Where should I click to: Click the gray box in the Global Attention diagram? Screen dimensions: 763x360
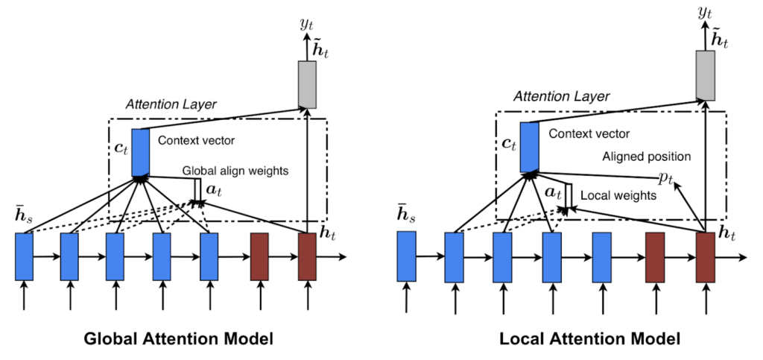[x=307, y=85]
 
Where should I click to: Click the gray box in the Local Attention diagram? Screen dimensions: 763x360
[x=705, y=75]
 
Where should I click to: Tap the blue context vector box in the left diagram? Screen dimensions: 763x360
[x=140, y=152]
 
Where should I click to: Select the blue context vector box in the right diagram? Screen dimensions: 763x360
[x=530, y=147]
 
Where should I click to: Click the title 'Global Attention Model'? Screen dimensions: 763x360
[x=179, y=339]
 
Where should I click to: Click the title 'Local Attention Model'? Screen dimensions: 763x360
[x=590, y=339]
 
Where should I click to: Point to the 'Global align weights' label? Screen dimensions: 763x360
[x=235, y=171]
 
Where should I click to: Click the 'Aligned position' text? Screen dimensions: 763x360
[x=647, y=157]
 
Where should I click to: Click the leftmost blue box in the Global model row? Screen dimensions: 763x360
[x=25, y=256]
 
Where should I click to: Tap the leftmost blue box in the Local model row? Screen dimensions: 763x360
[x=406, y=256]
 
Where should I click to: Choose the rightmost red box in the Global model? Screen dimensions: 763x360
[x=307, y=256]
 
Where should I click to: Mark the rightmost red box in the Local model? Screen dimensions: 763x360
[x=705, y=257]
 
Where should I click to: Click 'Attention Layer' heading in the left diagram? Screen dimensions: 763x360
[x=171, y=104]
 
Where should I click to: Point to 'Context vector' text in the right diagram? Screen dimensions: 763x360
[x=589, y=133]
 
